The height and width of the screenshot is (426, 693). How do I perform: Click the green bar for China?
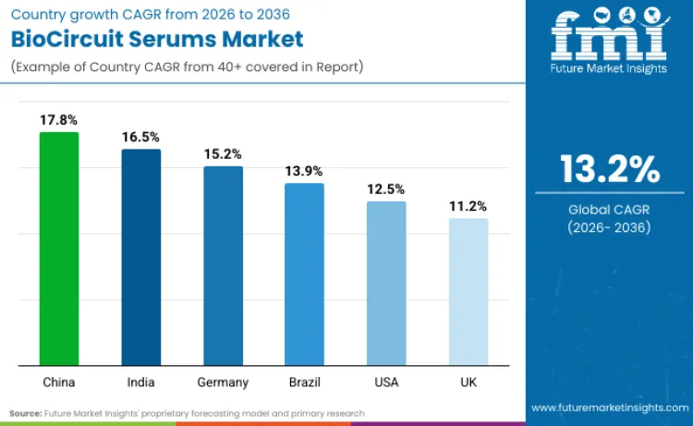59,249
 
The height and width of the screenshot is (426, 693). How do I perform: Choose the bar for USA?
386,283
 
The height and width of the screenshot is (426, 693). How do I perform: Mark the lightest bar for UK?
468,291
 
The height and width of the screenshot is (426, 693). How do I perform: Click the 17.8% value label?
59,120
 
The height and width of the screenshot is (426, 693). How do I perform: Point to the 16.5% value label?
140,137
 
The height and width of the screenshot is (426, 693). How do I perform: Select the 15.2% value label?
223,154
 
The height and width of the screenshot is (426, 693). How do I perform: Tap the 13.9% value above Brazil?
304,171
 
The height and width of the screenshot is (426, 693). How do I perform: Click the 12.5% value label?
386,189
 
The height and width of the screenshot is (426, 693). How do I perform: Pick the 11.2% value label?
468,206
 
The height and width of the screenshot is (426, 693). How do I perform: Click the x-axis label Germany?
223,382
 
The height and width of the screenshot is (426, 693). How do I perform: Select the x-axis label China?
59,382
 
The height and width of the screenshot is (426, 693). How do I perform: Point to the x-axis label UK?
468,382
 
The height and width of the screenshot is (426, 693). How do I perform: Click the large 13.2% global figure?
609,169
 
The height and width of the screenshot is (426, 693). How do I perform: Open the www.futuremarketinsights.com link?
609,408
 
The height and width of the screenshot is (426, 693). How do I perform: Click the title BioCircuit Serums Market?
156,39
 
